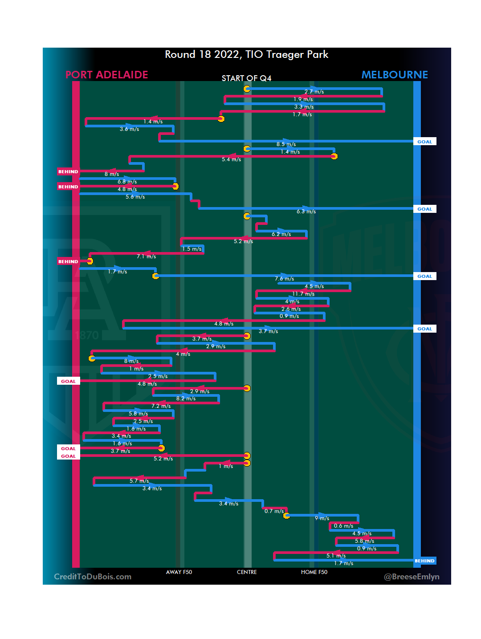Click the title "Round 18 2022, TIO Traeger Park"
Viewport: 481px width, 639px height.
[246, 54]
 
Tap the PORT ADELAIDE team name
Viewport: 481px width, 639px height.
[106, 75]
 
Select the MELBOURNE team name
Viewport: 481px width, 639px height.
[394, 75]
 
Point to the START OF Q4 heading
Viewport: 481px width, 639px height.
[246, 78]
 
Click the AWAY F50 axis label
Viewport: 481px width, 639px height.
[179, 572]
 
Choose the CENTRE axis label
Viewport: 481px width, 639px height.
[247, 572]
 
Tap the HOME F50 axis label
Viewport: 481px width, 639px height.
[314, 572]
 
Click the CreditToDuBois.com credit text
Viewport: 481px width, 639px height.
[93, 577]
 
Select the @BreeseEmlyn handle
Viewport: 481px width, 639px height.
[412, 577]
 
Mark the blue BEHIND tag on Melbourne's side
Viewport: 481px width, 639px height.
[424, 561]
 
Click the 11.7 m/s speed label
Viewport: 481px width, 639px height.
[303, 294]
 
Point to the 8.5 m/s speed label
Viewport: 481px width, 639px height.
[286, 144]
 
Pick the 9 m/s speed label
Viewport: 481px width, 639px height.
[322, 518]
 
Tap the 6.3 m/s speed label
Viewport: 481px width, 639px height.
[306, 212]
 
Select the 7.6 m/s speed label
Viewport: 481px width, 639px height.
[284, 279]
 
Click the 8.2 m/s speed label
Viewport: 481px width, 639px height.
[186, 399]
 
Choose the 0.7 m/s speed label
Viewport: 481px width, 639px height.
[274, 511]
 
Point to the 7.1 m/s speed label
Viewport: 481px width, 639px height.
[146, 256]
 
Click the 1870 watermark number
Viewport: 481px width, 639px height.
[87, 335]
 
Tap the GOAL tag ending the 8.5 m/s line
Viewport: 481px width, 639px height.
[424, 142]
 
